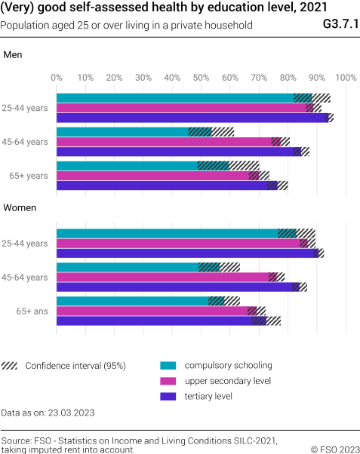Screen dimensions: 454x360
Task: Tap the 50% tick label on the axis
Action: pos(201,78)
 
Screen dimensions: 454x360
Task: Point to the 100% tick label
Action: pos(344,78)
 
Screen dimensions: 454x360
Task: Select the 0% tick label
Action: pos(57,78)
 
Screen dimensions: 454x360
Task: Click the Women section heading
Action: pos(20,207)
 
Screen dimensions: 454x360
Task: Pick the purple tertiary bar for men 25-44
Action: pos(192,118)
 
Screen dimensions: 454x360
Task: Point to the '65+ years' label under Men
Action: pos(29,176)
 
